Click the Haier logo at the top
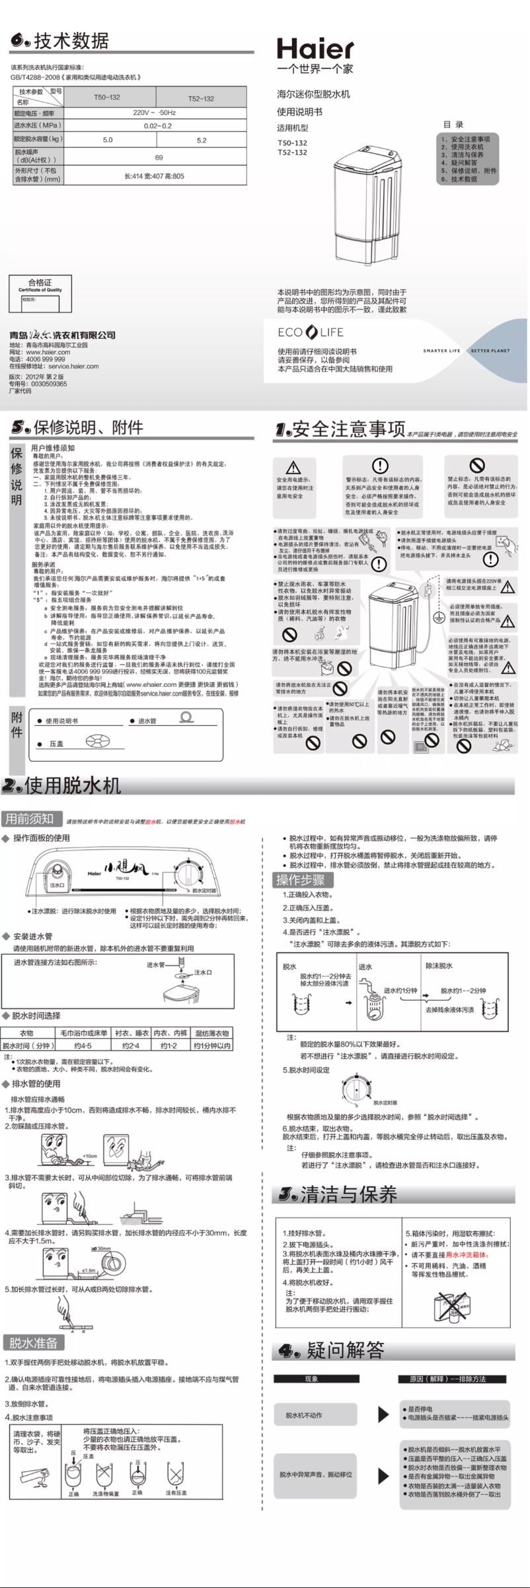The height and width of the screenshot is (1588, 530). (315, 50)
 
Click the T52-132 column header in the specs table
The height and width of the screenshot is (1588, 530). (201, 98)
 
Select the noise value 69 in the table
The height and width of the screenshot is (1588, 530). (159, 157)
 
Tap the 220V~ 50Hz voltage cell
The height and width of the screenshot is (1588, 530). (155, 113)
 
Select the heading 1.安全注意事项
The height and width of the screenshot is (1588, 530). (340, 429)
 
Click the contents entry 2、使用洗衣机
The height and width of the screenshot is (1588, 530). (462, 147)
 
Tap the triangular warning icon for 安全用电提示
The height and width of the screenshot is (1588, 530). (294, 467)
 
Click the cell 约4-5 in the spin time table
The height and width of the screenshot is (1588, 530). (83, 1046)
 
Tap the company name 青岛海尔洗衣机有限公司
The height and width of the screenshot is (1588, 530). (63, 335)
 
